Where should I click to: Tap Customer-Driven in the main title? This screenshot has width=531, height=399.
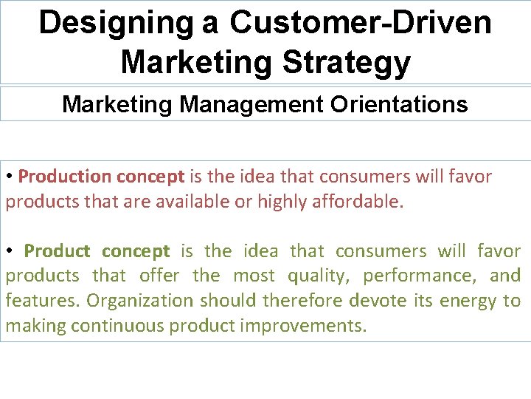pos(360,23)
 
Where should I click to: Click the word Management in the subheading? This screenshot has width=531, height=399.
pos(251,104)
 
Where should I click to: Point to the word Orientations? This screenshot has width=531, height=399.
pos(398,104)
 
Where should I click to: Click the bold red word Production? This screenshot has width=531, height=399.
pos(65,177)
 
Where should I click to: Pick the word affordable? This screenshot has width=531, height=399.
pos(356,202)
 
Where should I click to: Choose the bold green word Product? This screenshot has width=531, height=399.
pos(57,251)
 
